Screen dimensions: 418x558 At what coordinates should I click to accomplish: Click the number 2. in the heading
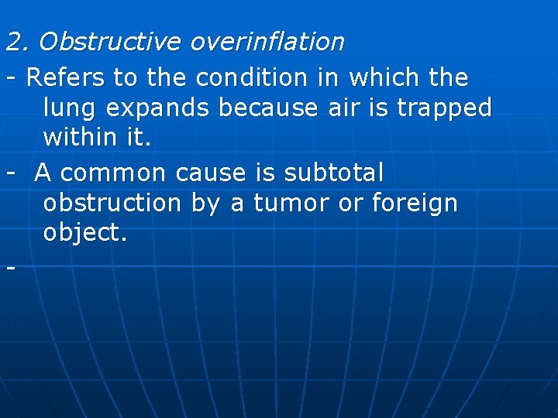click(x=17, y=42)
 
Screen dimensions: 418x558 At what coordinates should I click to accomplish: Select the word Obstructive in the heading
click(x=108, y=42)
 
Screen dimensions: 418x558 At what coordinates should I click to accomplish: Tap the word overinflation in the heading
click(x=266, y=42)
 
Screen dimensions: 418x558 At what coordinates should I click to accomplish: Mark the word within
click(x=81, y=139)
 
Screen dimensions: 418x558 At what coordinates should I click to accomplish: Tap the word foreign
click(x=415, y=203)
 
